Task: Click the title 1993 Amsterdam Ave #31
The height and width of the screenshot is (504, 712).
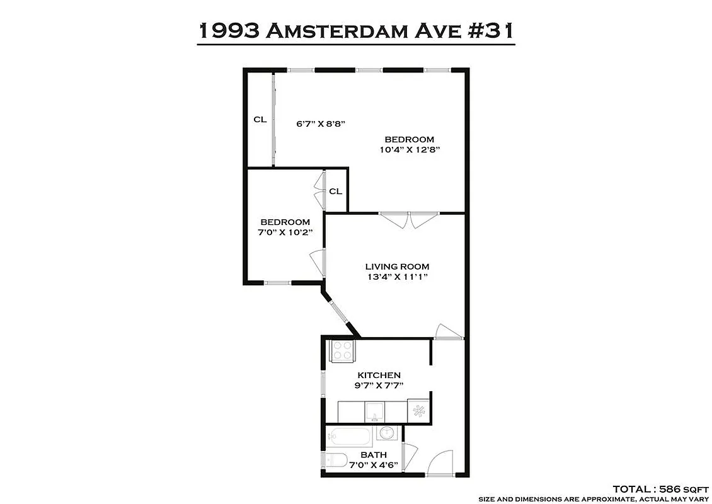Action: [x=356, y=30]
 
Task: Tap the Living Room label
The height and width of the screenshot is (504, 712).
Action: [x=397, y=266]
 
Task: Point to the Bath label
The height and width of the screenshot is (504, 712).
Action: [x=373, y=455]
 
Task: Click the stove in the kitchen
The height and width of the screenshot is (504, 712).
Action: [x=342, y=350]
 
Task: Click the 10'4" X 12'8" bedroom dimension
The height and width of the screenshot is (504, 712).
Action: [x=409, y=150]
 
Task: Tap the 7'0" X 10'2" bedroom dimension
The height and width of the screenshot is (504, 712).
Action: [x=285, y=232]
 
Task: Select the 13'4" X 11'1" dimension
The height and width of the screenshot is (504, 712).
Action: [x=397, y=277]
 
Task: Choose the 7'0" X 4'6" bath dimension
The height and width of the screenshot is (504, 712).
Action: [x=373, y=466]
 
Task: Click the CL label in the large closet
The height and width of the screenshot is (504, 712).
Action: [x=260, y=120]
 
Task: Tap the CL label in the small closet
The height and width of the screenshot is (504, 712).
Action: [x=335, y=191]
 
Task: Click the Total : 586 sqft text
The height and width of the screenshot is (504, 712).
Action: [x=659, y=488]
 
